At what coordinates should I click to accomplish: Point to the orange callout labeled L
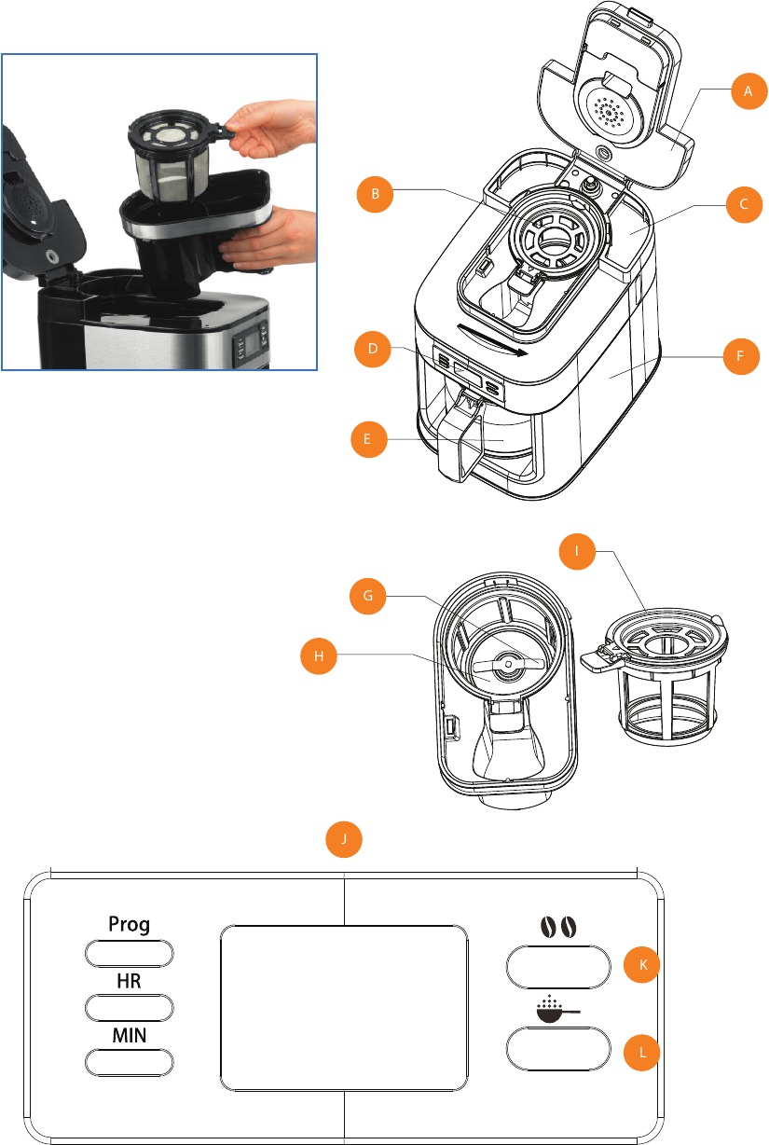[x=639, y=1053]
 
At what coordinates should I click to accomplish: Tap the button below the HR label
[x=129, y=1007]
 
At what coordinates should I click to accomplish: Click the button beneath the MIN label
[x=129, y=1062]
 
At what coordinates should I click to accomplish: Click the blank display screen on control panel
[x=344, y=1008]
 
